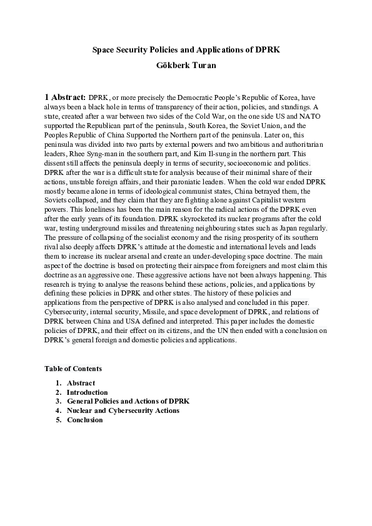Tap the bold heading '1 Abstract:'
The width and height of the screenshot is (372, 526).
point(65,97)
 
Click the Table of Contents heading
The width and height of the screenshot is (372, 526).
point(73,369)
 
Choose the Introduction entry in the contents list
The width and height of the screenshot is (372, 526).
point(87,392)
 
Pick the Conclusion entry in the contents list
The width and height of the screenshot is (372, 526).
point(84,420)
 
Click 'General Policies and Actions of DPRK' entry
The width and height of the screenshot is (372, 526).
point(128,401)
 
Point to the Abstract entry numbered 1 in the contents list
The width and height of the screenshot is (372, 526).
point(81,382)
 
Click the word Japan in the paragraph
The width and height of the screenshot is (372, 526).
point(281,229)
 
